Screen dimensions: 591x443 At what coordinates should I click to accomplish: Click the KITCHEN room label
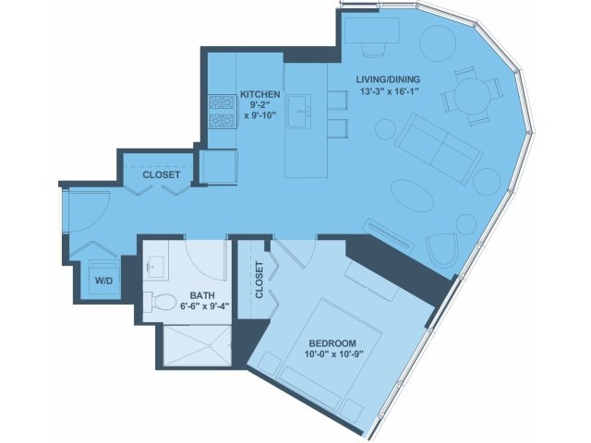point(260,94)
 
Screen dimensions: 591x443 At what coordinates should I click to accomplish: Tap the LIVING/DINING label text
point(388,79)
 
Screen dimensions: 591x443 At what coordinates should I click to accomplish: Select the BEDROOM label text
point(332,343)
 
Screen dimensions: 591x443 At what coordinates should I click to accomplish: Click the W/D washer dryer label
point(103,281)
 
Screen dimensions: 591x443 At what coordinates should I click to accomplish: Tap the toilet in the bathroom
point(161,302)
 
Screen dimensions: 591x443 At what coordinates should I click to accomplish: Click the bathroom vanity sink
point(155,267)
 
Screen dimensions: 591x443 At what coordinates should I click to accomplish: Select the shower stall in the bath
point(198,345)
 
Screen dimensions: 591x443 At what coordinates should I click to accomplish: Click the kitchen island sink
point(299,111)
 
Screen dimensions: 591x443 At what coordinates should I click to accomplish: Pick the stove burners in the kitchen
point(222,111)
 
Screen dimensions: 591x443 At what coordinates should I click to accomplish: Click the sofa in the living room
point(439,149)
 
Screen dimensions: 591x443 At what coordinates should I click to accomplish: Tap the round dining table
point(472,96)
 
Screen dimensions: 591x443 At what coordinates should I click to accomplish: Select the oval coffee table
point(412,196)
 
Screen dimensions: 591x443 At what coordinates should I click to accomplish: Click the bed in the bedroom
point(330,350)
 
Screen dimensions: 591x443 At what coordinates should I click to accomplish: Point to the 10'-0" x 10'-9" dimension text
point(333,354)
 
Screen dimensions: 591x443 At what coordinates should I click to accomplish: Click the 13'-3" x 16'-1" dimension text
point(390,91)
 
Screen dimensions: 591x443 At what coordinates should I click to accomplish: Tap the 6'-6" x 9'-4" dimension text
point(205,306)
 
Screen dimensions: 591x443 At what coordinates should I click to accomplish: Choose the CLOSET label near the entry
point(162,174)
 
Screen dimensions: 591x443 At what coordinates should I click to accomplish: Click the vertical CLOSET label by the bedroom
point(259,280)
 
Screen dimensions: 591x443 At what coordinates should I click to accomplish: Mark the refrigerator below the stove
point(219,167)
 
